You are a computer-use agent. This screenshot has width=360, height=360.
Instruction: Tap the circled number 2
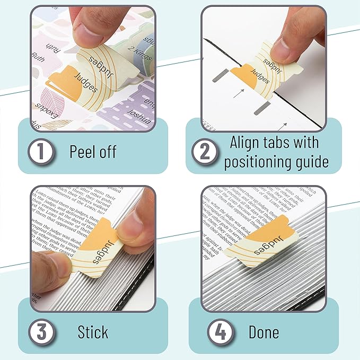[x=205, y=152]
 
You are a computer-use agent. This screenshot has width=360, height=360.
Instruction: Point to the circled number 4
[x=218, y=332]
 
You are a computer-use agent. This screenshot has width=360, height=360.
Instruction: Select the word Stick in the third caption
[x=93, y=332]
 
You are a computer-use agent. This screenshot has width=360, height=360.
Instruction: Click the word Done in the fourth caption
[x=264, y=332]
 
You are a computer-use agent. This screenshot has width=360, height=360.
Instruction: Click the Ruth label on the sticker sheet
[x=39, y=63]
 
